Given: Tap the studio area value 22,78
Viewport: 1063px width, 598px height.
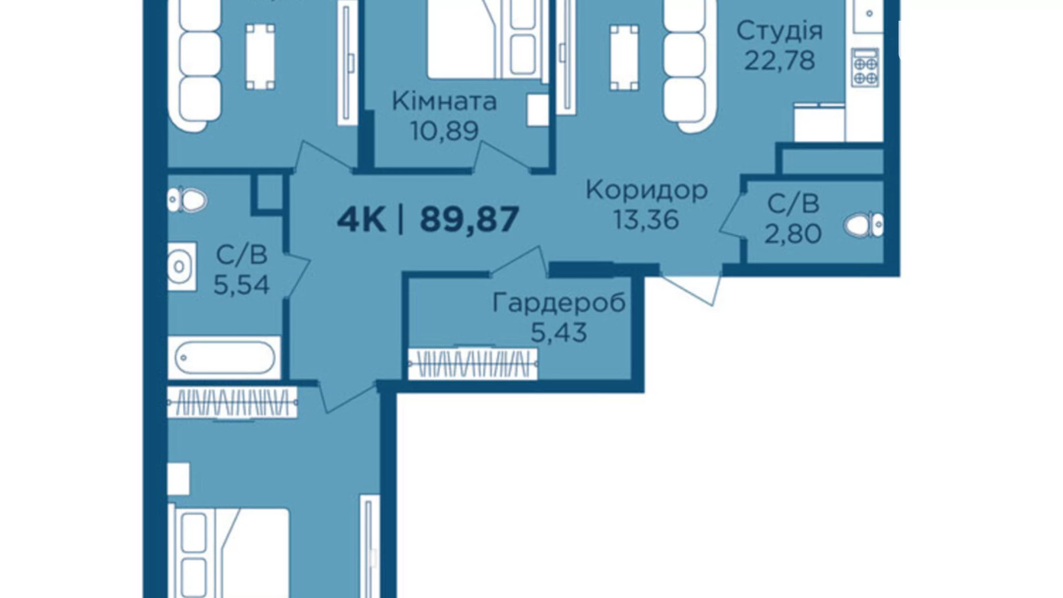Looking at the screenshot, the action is [x=780, y=60].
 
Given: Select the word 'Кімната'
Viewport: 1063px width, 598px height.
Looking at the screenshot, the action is [x=444, y=102].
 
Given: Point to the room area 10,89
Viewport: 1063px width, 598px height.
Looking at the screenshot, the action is [x=444, y=131].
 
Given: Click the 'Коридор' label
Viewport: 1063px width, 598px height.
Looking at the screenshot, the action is [x=646, y=190].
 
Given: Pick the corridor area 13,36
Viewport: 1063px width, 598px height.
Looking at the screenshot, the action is [x=646, y=220].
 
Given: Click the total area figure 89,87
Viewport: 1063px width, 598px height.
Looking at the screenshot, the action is [x=469, y=220].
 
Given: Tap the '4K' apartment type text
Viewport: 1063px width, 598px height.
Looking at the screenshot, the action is [x=361, y=220].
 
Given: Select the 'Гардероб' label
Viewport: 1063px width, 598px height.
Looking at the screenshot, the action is [x=559, y=303].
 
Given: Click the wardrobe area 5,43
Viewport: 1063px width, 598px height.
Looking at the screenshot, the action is [x=559, y=332].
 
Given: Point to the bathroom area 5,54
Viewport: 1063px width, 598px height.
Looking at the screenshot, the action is [x=241, y=285].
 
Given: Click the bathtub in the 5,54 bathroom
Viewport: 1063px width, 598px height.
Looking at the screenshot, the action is [x=224, y=358].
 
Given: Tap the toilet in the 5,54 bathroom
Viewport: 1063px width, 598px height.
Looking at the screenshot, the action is [x=187, y=201].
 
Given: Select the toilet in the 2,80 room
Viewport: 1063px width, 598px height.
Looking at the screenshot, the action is [x=864, y=225].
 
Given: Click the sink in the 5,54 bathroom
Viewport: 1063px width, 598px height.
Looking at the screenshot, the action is [x=182, y=267].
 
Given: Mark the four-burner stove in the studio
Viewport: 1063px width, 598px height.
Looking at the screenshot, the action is [x=864, y=68].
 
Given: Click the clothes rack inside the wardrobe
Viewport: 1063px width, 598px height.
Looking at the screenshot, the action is [x=472, y=364].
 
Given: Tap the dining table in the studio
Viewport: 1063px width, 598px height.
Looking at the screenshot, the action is [x=624, y=57].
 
